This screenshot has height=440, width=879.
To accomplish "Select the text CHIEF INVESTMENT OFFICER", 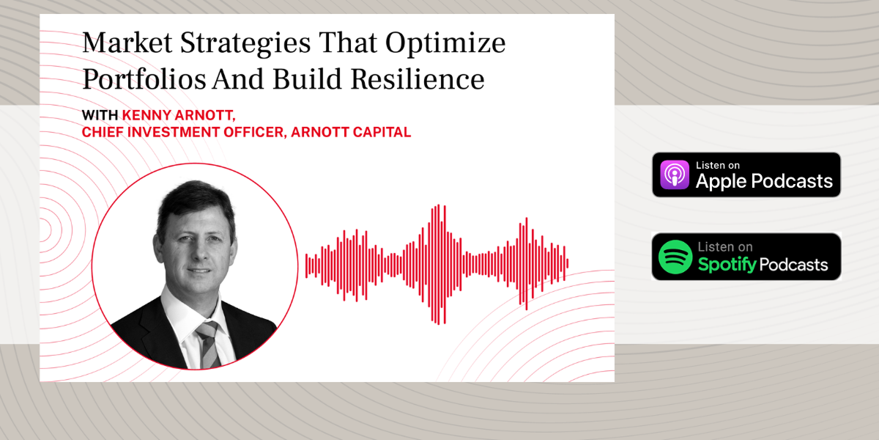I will click(180, 133).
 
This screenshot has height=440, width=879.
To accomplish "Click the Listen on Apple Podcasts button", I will click(746, 175).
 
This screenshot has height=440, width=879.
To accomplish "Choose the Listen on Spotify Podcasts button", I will click(746, 257).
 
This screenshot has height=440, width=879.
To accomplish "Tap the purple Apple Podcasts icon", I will click(675, 175).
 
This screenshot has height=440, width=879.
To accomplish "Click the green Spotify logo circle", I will click(675, 257).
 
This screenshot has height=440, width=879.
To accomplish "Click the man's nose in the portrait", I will click(199, 253).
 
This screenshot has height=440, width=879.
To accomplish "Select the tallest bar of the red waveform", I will click(438, 264).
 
